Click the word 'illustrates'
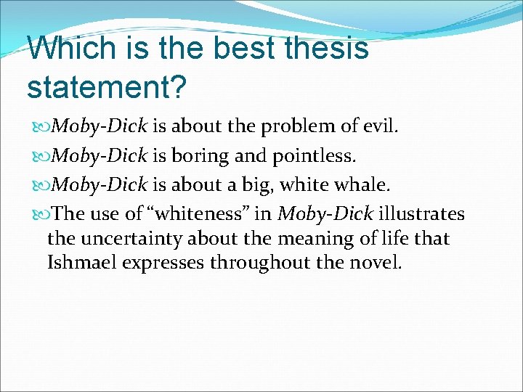click(x=422, y=214)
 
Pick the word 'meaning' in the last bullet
click(x=302, y=238)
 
